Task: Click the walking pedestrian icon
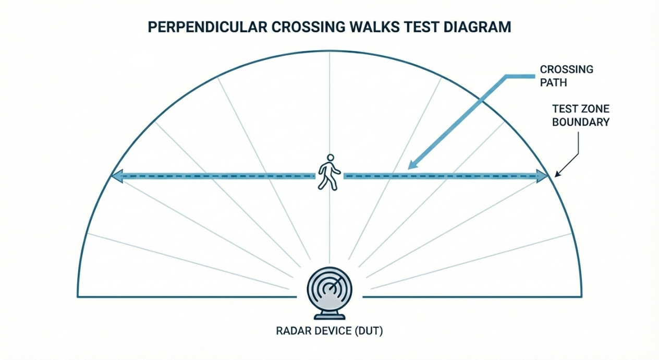pos(329,172)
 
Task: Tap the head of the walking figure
pos(329,158)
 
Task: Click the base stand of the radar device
pos(329,315)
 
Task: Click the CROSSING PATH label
pos(566,76)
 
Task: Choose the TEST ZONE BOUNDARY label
pos(580,116)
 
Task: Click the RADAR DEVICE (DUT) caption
pos(329,331)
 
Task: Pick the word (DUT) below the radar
pos(368,331)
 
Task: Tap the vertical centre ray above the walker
pos(329,104)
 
